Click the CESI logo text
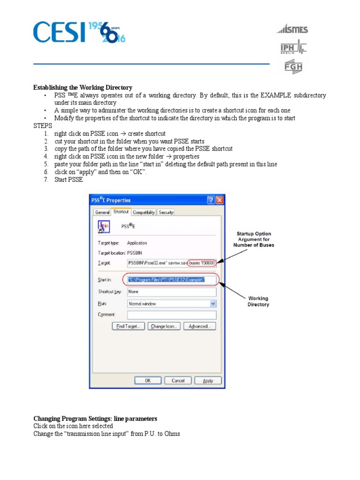pyautogui.click(x=59, y=32)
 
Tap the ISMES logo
pyautogui.click(x=292, y=30)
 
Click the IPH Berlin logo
pyautogui.click(x=293, y=48)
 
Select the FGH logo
pyautogui.click(x=293, y=67)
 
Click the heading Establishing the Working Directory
pyautogui.click(x=82, y=88)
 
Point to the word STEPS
pyautogui.click(x=43, y=126)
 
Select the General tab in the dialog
pyautogui.click(x=102, y=212)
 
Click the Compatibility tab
pyautogui.click(x=143, y=212)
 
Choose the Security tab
pyautogui.click(x=166, y=212)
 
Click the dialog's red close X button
pyautogui.click(x=219, y=200)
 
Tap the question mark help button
pyautogui.click(x=211, y=200)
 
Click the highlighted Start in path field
pyautogui.click(x=172, y=280)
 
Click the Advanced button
pyautogui.click(x=200, y=327)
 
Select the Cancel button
pyautogui.click(x=178, y=381)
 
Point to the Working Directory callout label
pyautogui.click(x=258, y=301)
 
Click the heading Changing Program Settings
pyautogui.click(x=95, y=419)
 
